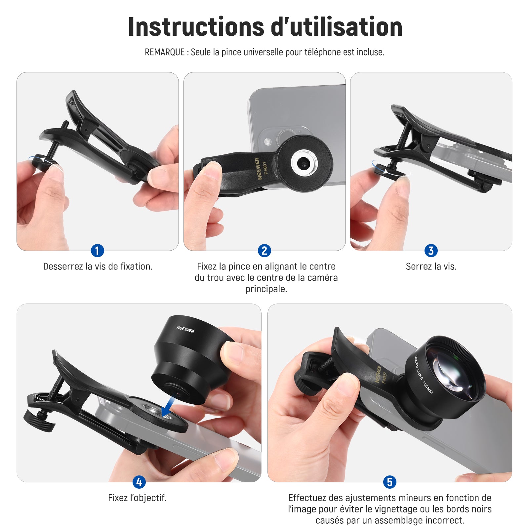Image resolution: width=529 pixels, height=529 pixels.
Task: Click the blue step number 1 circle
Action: (x=97, y=251)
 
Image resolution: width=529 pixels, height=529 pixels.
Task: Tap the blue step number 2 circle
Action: (x=264, y=251)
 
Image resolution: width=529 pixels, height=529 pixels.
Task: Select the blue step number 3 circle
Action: (x=431, y=251)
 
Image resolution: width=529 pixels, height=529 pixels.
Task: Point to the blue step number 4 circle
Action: (x=139, y=482)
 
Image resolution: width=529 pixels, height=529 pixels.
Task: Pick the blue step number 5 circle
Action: (x=389, y=482)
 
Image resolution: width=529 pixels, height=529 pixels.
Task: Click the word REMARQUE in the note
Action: (x=165, y=52)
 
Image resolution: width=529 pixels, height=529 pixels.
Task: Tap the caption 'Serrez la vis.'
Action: (x=431, y=266)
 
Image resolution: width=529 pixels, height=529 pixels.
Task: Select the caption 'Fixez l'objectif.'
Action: (x=137, y=498)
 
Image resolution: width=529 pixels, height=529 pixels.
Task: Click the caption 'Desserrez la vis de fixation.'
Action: (x=98, y=266)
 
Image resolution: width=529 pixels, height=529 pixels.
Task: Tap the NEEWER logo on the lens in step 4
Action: (x=185, y=330)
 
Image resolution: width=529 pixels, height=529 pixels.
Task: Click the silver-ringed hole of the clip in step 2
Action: (x=304, y=163)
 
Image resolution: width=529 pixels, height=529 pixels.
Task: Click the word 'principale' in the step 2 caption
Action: (x=266, y=289)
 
